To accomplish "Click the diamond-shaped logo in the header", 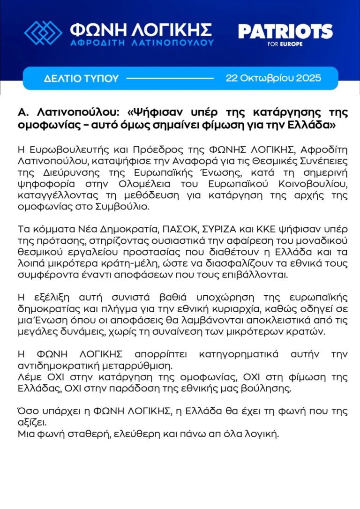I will [43, 32].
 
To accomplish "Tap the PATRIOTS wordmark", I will [285, 32].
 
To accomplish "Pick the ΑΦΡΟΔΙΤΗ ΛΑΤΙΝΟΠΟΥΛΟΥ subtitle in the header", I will [142, 42].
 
